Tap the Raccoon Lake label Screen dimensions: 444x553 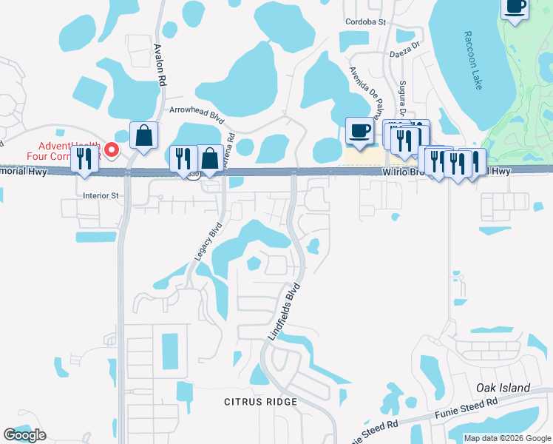474,61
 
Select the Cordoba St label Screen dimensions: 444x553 366,22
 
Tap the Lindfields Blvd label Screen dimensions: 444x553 284,311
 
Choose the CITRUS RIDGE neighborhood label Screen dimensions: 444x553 260,402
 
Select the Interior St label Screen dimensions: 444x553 101,196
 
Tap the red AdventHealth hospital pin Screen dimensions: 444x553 112,151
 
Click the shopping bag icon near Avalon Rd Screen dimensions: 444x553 143,135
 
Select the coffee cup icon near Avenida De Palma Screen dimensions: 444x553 360,132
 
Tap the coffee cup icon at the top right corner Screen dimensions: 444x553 515,7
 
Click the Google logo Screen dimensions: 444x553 24,435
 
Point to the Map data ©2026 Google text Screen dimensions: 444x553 506,438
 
